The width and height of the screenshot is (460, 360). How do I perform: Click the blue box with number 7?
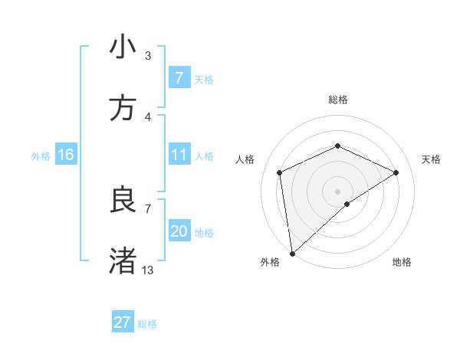[179, 77]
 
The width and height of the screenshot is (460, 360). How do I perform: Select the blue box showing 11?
[179, 155]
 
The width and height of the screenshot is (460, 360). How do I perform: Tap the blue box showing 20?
[179, 231]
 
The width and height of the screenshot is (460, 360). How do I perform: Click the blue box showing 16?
[66, 155]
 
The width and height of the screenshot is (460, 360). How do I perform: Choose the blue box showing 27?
[122, 322]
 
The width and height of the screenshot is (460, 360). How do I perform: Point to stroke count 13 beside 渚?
[148, 270]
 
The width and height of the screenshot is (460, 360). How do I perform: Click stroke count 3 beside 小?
[148, 55]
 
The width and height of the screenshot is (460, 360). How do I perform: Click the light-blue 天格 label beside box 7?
[204, 80]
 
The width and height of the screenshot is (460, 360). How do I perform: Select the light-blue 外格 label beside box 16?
[41, 156]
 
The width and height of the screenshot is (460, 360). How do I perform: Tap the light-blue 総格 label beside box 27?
[147, 324]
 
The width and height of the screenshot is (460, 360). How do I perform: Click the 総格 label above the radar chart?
[337, 100]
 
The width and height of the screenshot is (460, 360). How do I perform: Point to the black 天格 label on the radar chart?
[431, 159]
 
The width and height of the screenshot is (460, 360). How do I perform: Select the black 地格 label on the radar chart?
[402, 262]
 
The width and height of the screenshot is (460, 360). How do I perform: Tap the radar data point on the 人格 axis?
[280, 172]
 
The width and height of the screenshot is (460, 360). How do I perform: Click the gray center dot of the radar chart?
[337, 191]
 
